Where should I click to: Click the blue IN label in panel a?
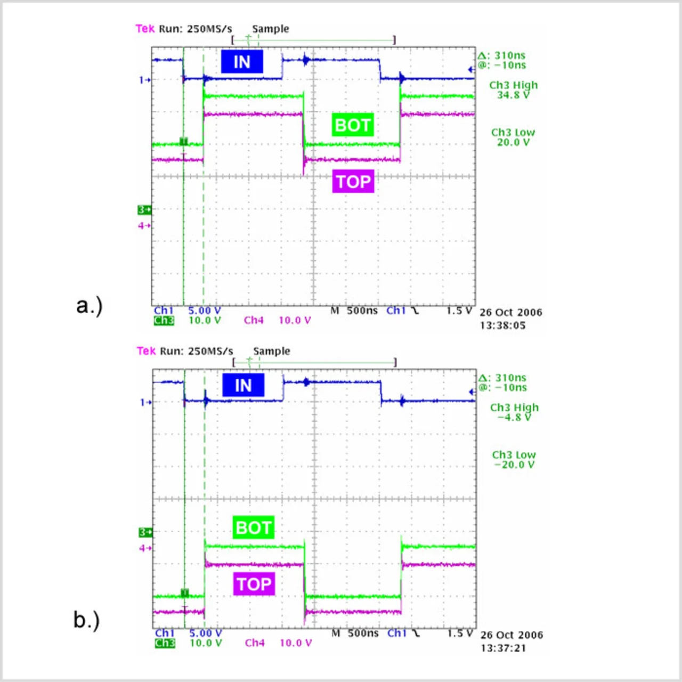pos(242,62)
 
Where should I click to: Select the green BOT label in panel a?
pos(352,125)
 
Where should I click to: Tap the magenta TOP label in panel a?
pos(353,182)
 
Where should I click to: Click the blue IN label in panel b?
pos(243,385)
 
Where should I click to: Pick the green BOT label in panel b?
pos(254,527)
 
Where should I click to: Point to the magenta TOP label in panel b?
pos(254,584)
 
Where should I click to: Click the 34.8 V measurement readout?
pos(513,95)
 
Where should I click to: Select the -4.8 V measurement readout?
pos(514,418)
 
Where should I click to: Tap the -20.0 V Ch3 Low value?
pos(514,465)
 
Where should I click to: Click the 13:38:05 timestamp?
pos(502,326)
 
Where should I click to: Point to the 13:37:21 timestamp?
pos(503,648)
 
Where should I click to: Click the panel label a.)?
pos(89,306)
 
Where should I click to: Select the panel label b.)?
pos(86,620)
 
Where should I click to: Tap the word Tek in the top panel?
pos(145,29)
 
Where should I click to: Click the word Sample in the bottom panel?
pos(272,351)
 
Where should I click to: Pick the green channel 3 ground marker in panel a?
pos(144,210)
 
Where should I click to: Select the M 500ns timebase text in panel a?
pos(354,311)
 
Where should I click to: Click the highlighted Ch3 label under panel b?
pos(165,643)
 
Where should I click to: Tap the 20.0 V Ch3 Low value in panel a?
pos(513,143)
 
